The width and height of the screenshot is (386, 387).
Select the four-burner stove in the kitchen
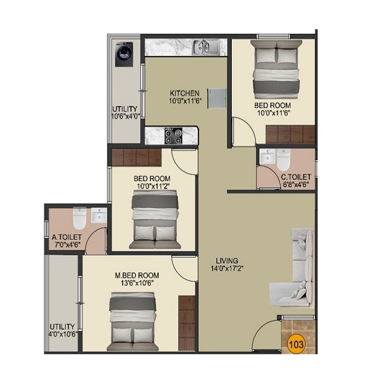172,135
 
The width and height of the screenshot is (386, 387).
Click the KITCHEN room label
185,93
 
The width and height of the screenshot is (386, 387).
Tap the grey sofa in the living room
294,265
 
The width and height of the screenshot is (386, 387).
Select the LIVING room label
227,261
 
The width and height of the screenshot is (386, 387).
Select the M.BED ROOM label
137,275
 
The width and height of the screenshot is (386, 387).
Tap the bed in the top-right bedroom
273,71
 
